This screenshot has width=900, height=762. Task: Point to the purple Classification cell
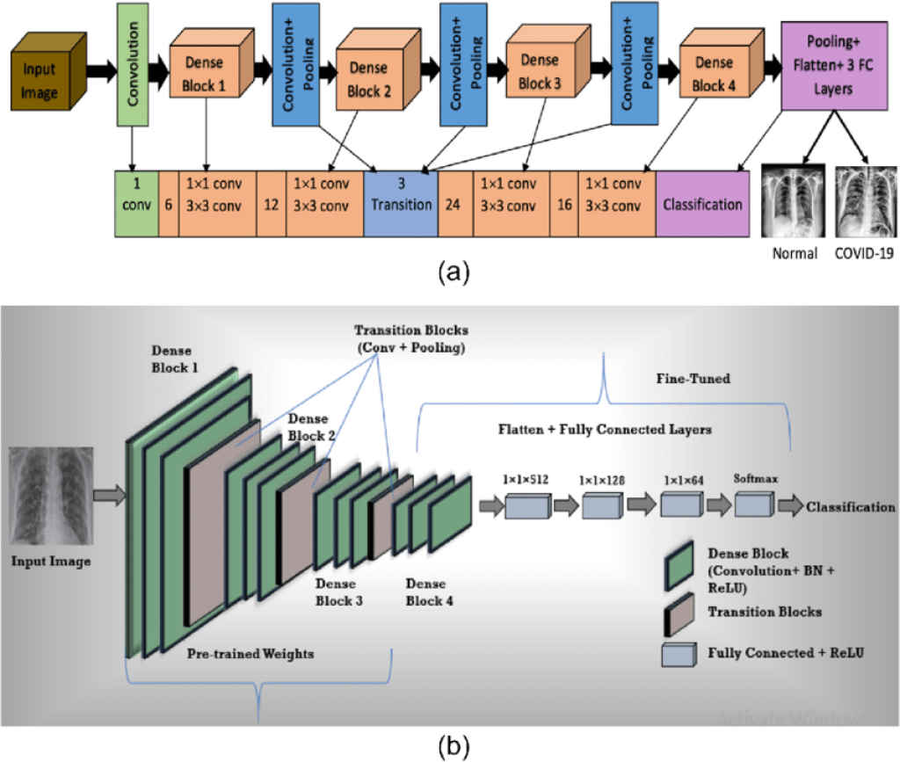point(702,204)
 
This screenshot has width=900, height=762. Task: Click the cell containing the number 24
point(455,204)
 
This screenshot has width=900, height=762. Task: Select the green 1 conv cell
point(136,204)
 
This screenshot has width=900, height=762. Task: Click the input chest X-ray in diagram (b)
point(49,497)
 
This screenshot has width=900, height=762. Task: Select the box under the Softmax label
point(751,504)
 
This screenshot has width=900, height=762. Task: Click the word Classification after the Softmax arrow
point(850,507)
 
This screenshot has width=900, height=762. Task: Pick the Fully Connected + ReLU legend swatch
point(678,653)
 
